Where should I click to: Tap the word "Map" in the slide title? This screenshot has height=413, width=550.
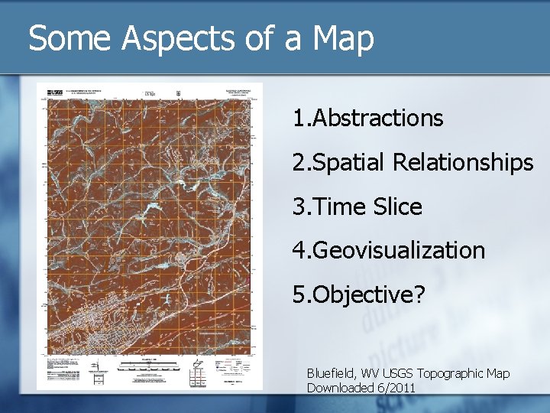[x=343, y=38]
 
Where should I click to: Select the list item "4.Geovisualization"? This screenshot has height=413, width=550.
[x=389, y=250]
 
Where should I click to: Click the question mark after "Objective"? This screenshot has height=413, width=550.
[x=419, y=294]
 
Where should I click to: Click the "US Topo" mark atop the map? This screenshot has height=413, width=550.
[x=150, y=93]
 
